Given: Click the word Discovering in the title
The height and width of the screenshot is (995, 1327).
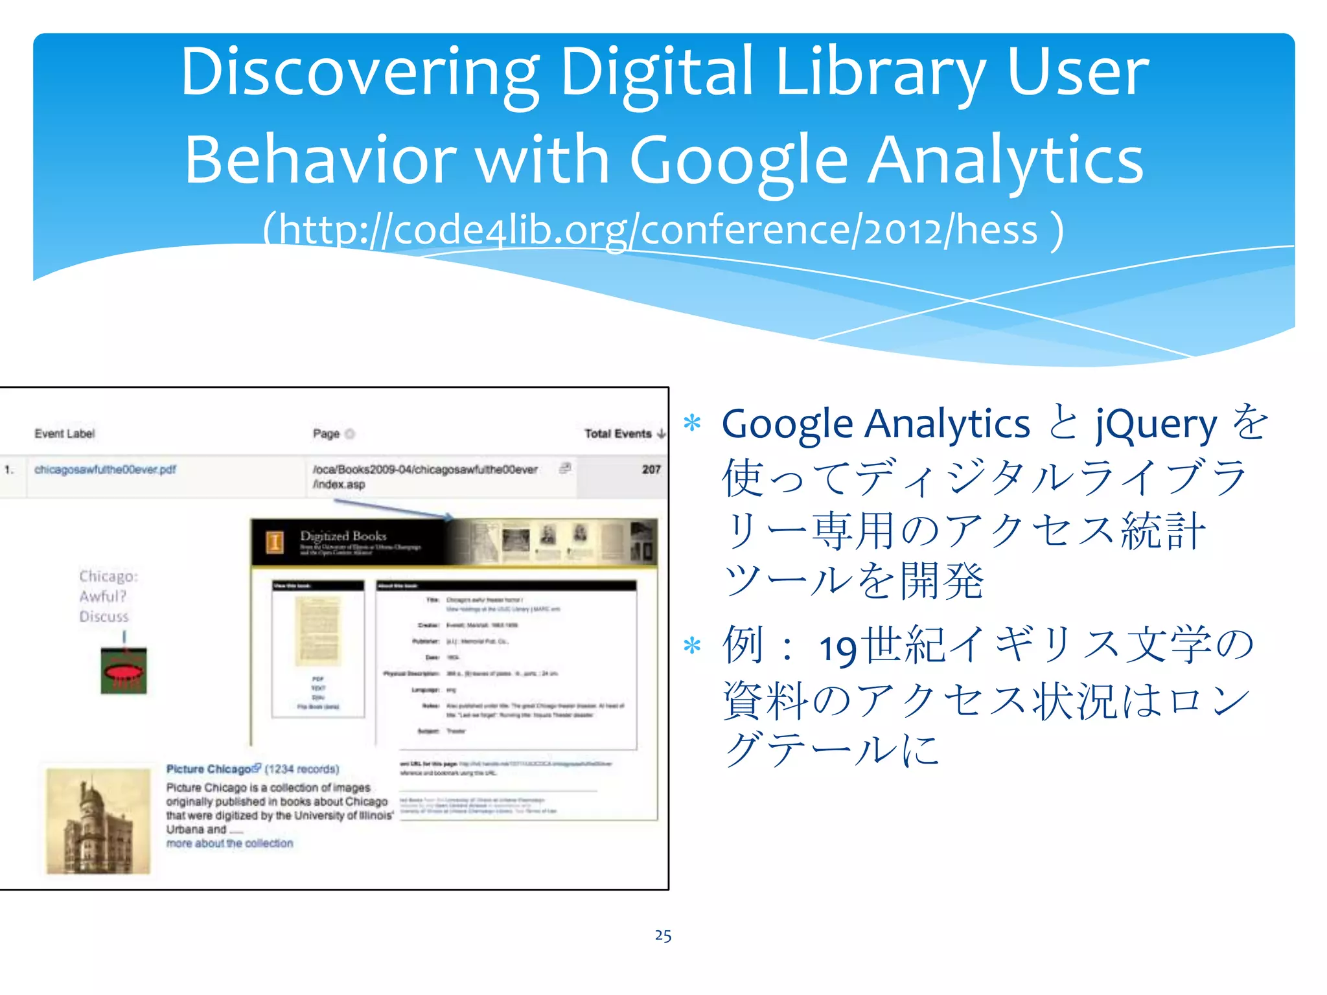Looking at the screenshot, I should click(x=359, y=73).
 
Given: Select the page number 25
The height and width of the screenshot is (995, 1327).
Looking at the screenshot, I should click(x=663, y=935).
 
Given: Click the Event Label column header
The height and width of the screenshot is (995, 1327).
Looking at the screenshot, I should click(x=65, y=433).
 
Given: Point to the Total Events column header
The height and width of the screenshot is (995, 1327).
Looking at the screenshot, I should click(x=619, y=433).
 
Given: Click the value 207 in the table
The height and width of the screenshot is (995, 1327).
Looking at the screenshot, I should click(x=651, y=469).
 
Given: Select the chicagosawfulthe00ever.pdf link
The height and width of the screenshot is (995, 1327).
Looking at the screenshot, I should click(x=105, y=469).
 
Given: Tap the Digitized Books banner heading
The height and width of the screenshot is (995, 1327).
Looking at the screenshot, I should click(x=343, y=536).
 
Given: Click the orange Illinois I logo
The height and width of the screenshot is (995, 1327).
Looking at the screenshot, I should click(x=275, y=541).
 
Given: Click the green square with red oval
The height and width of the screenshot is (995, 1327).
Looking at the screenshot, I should click(x=124, y=671).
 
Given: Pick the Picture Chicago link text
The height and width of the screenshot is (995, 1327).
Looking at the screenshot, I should click(x=209, y=769).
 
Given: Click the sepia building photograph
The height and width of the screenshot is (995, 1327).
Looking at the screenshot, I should click(x=98, y=821).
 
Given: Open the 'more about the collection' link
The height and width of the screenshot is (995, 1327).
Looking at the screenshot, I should click(x=229, y=843).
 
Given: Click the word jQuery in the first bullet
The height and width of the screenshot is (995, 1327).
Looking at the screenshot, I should click(x=1157, y=424).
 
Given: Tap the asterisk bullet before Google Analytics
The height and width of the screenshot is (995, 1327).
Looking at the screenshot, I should click(x=693, y=423).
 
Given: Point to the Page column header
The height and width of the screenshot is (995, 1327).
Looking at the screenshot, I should click(x=326, y=433).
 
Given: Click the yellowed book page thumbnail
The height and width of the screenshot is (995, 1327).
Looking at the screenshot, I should click(x=318, y=632).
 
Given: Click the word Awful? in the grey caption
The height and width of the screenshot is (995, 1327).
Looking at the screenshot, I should click(x=103, y=596).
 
